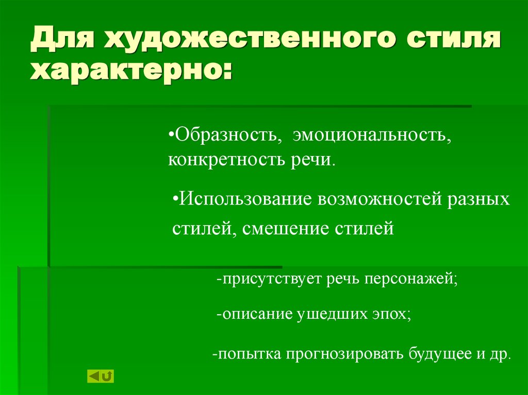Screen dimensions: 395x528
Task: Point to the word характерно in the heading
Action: (127, 70)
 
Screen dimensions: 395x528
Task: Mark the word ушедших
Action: (331, 314)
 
